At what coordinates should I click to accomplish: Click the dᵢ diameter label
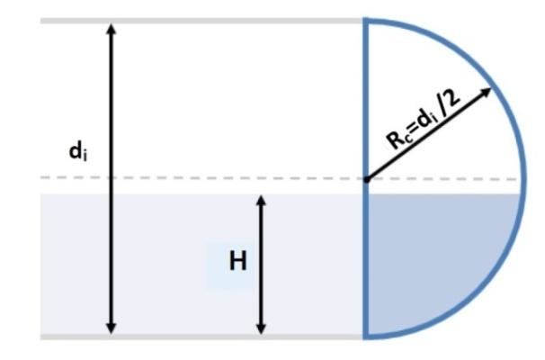78,152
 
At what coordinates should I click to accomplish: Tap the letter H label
237,261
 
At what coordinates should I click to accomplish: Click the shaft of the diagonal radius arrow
423,139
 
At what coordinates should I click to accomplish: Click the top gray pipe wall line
198,20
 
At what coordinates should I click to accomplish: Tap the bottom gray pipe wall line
198,337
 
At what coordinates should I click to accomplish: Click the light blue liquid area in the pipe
162,270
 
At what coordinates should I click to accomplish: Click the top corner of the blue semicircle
365,19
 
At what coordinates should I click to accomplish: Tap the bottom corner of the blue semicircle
365,337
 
